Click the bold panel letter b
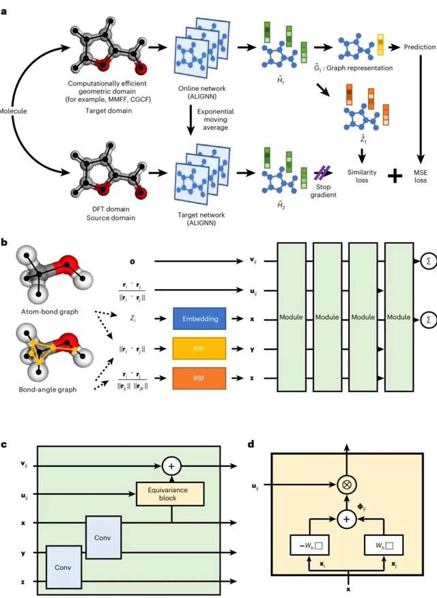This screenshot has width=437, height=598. click(x=5, y=243)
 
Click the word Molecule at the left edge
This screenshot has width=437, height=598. click(x=12, y=110)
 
